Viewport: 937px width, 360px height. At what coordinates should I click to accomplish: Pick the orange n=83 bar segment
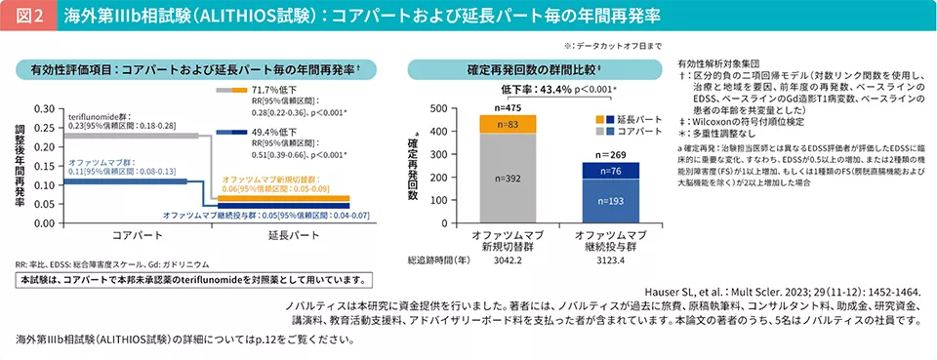coord(508,124)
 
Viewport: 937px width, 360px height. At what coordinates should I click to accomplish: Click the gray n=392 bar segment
coord(508,179)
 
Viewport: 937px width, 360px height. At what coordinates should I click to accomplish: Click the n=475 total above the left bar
coord(508,107)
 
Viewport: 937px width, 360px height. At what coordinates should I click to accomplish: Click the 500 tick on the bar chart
coord(438,108)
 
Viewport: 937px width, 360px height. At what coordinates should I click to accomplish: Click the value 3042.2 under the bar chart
coord(508,261)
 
